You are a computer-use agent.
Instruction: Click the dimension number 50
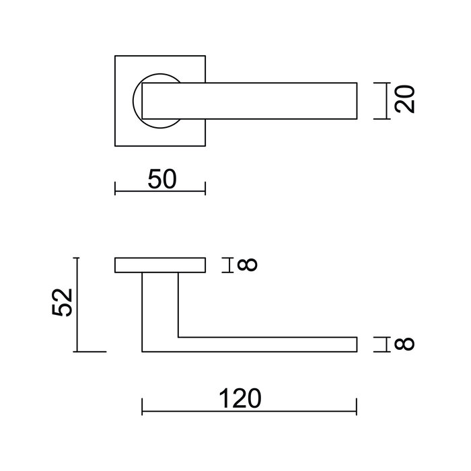coord(161,179)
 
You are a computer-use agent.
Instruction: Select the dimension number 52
coord(62,303)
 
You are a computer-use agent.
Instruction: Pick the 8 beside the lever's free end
coord(402,345)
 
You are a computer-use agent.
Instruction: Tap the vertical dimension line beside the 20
coord(386,101)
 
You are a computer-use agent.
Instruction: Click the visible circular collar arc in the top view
coord(139,101)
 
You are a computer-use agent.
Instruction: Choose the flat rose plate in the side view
coord(159,265)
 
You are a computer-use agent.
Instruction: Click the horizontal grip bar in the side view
coord(269,344)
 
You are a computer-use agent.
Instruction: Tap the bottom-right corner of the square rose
coord(205,146)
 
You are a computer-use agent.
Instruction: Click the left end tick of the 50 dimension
coord(116,190)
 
